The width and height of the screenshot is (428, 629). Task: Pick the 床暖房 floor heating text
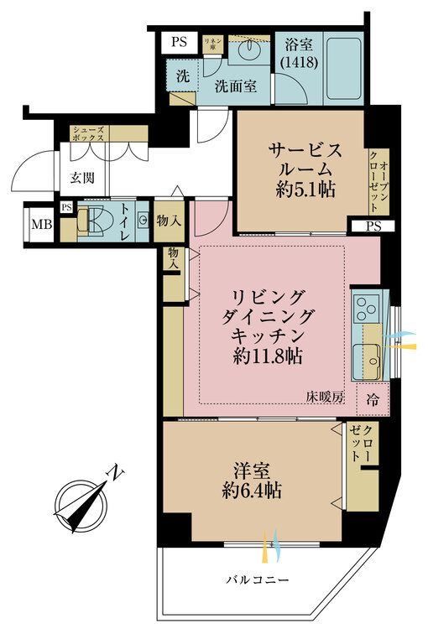click(x=326, y=398)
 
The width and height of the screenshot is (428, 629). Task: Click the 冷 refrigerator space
click(x=372, y=401)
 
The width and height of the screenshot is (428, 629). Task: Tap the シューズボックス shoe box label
click(x=88, y=134)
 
